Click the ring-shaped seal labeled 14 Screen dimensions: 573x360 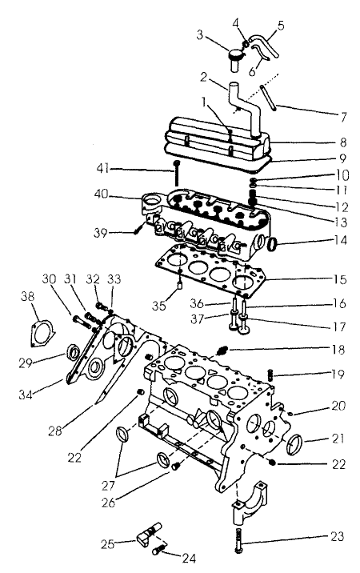(270, 242)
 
